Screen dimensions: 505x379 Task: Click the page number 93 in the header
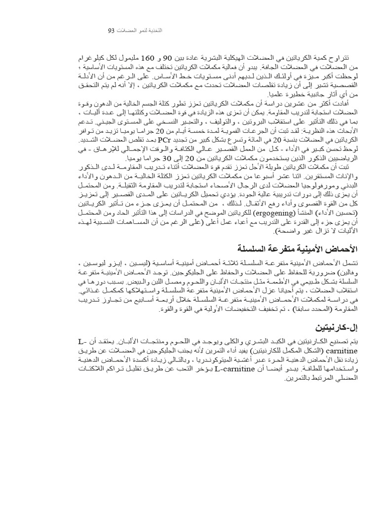(x=111, y=31)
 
